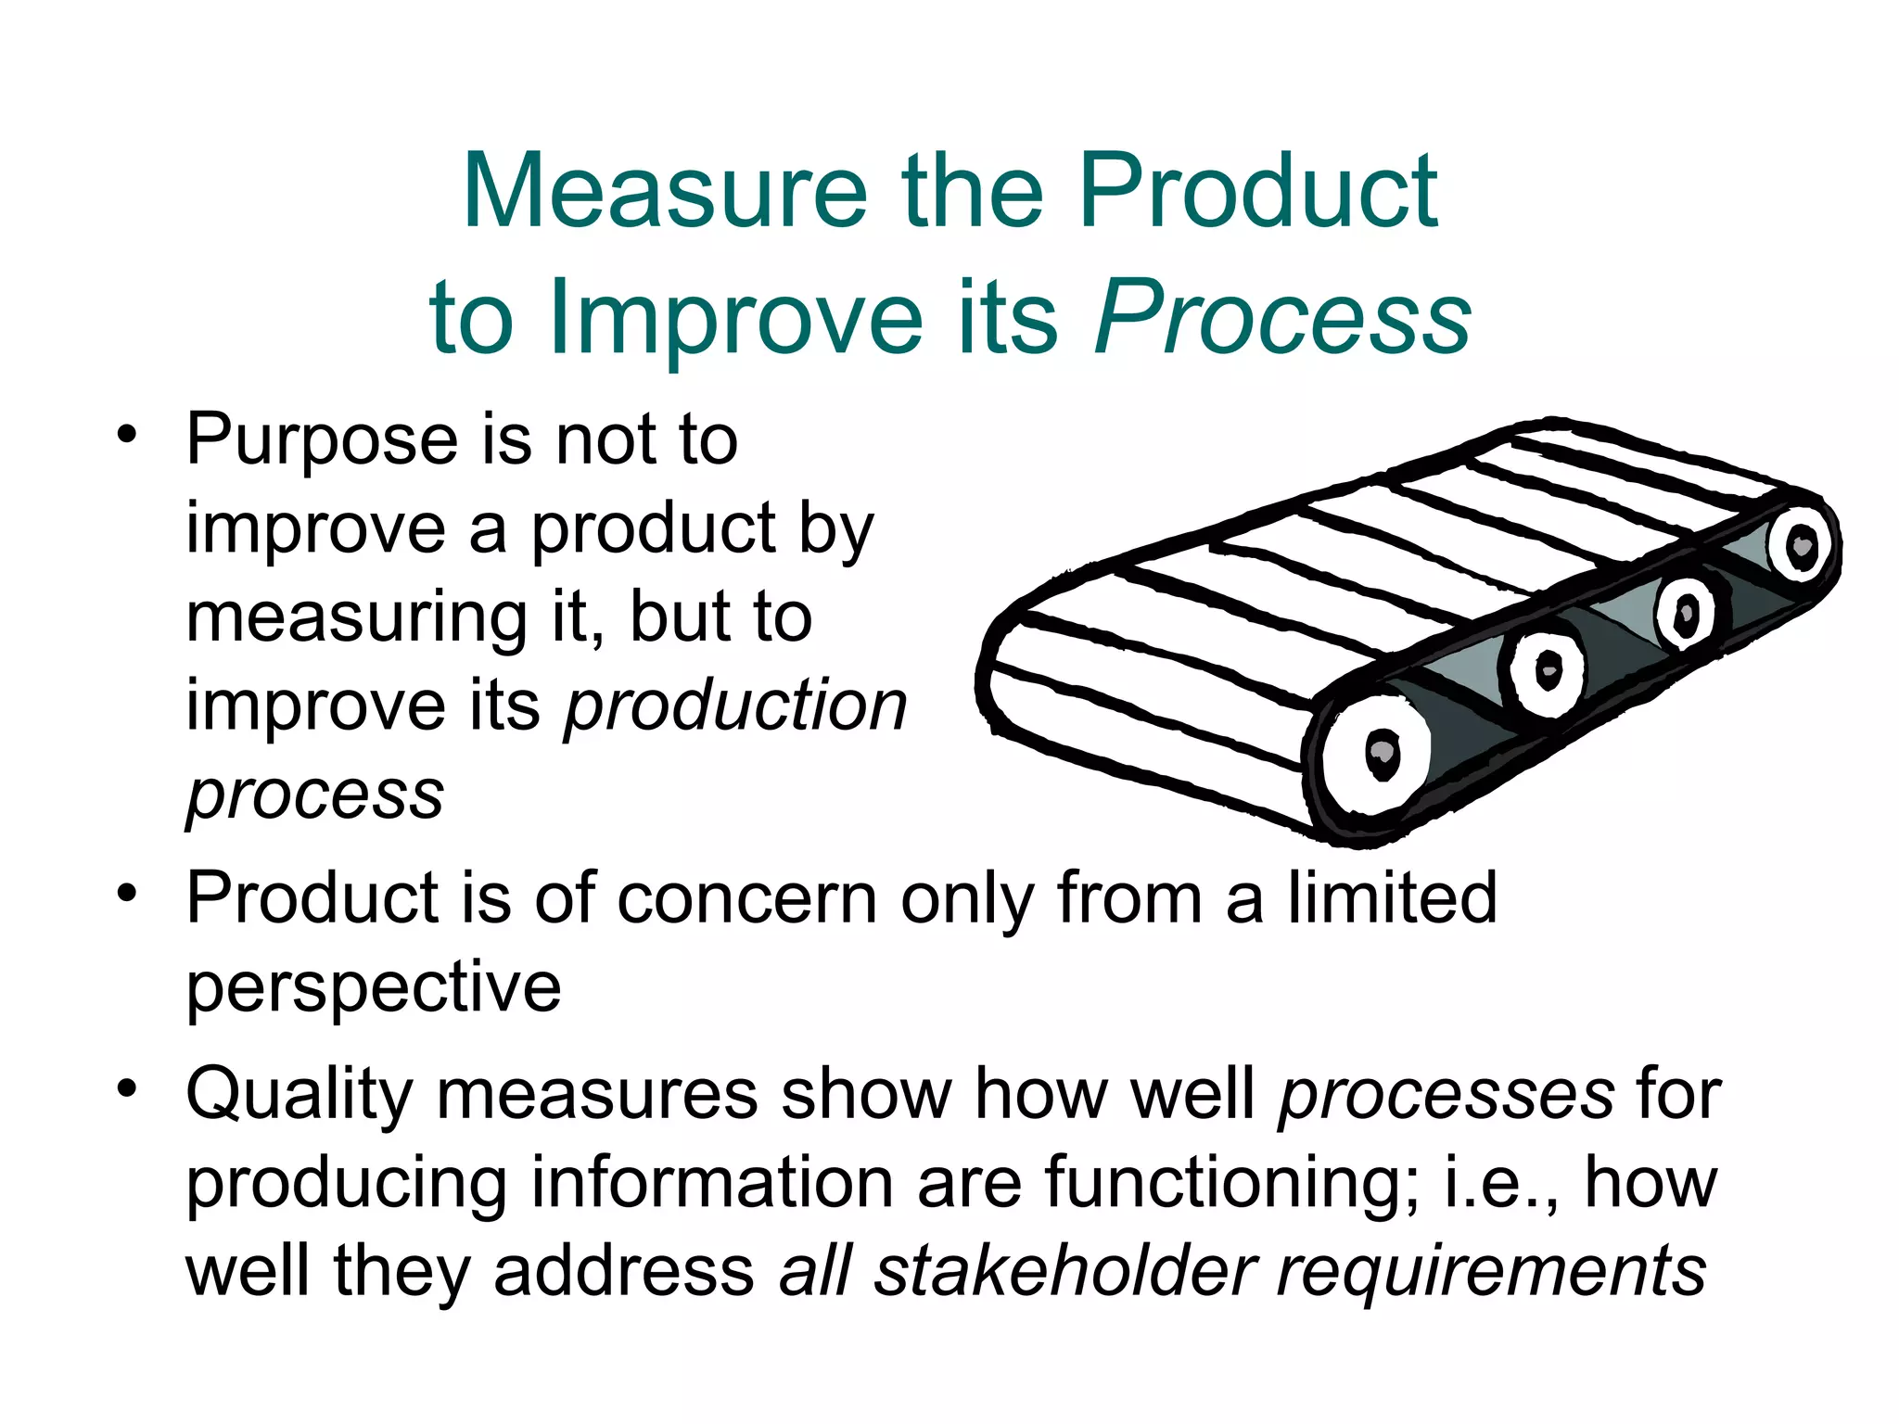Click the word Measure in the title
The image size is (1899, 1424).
664,192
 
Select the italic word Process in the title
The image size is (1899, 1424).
1282,318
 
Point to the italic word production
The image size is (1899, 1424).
736,706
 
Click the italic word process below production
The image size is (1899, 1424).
315,795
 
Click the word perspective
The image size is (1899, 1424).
374,986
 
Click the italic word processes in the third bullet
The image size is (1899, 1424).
1447,1095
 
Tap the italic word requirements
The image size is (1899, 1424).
1491,1272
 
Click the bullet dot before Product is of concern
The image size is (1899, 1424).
127,895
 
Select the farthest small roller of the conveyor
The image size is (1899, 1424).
1801,545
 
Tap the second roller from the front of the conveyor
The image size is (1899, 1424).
1546,669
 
